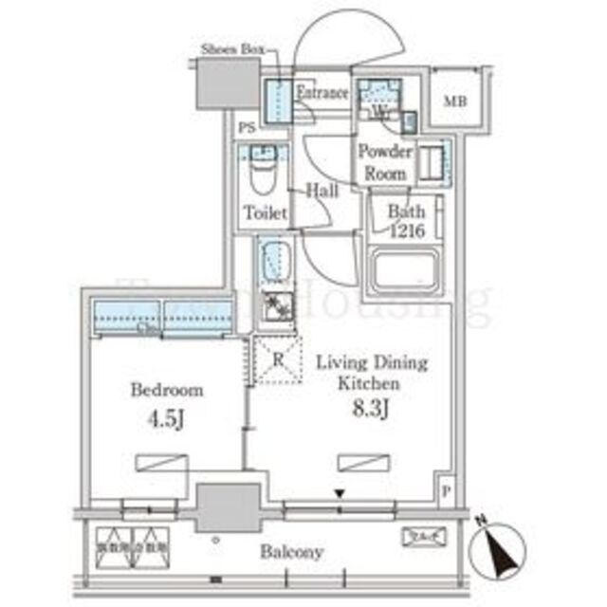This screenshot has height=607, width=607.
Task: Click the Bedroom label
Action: tap(166, 390)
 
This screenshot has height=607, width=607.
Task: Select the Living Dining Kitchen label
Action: tap(371, 373)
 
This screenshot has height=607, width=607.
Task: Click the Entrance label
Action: tap(323, 93)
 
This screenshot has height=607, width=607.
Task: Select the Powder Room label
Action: tap(384, 162)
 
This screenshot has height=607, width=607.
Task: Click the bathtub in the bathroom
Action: tap(407, 271)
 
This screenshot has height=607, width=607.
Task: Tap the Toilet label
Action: tap(265, 213)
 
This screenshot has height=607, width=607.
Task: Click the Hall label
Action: tap(322, 192)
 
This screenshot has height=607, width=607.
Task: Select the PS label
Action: tap(247, 127)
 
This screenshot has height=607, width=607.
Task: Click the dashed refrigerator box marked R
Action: tap(275, 360)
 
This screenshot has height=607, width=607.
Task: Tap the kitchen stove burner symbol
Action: tap(276, 307)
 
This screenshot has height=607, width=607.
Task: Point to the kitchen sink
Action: tap(275, 259)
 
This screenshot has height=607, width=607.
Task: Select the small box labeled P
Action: tap(447, 490)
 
